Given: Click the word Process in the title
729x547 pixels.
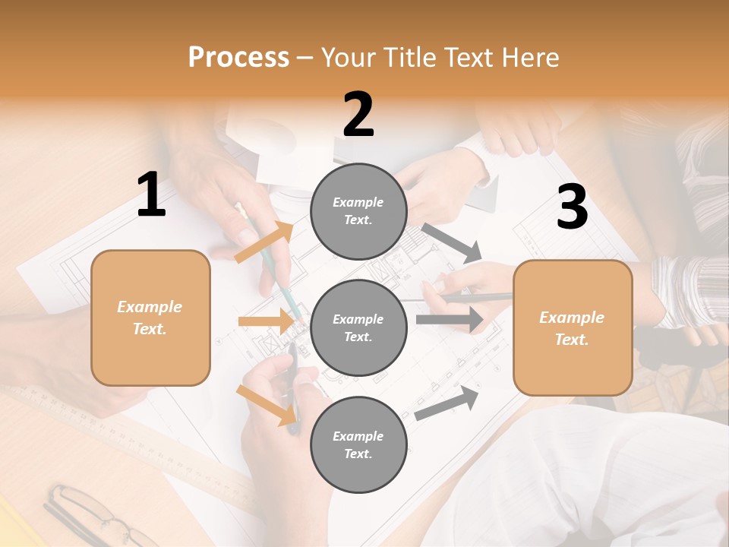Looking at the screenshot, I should pos(238,58).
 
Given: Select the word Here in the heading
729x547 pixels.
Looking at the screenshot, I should pos(528,58).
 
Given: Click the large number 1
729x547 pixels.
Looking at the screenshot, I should pos(151,195).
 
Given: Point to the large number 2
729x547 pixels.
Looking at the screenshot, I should pos(358,115).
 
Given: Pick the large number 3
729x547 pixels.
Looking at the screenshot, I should pos(572,207).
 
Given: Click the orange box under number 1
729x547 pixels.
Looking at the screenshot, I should pos(150,318).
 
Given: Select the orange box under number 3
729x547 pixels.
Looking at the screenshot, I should pos(573,328).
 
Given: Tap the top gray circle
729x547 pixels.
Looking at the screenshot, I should pos(358,211).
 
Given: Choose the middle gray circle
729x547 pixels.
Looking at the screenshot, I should pos(358,327).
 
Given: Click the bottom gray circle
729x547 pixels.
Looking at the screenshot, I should pos(358,444).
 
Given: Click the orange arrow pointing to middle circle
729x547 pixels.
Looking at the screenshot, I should pos(267,321).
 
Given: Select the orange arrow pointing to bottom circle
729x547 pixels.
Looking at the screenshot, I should pos(267,405).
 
